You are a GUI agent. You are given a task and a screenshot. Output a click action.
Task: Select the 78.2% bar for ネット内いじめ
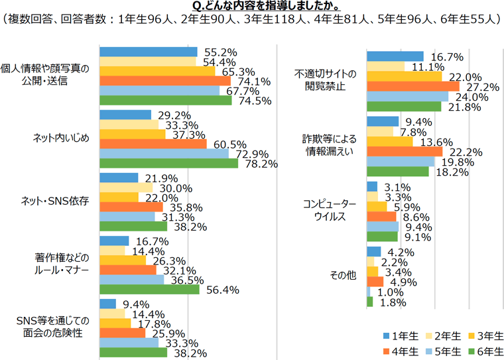(187, 163)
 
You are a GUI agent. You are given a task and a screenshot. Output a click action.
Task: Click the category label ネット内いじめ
(61, 139)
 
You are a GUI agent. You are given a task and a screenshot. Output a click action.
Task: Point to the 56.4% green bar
(149, 290)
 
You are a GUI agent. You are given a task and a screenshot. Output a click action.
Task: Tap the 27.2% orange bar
(412, 86)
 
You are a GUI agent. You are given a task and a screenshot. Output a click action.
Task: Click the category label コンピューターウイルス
(330, 211)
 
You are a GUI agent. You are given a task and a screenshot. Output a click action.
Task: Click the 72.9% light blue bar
(164, 154)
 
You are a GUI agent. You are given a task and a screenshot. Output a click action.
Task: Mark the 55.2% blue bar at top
(148, 52)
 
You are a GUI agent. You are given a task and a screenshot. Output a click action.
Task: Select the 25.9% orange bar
(122, 333)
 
